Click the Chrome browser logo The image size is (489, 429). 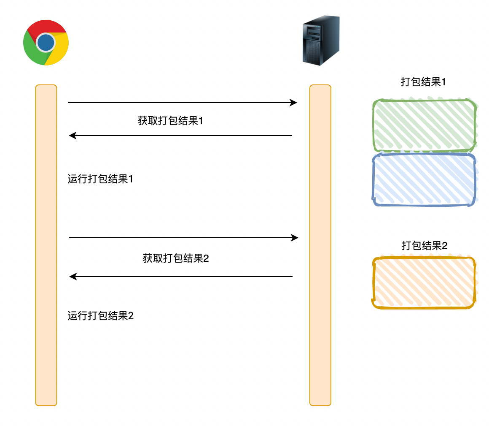[x=46, y=42]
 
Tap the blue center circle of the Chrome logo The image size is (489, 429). [x=46, y=42]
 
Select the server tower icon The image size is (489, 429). [x=321, y=41]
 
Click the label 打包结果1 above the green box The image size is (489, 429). [x=423, y=82]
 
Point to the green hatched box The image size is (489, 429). [x=425, y=125]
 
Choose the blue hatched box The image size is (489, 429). [x=425, y=179]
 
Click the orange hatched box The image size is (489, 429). [x=425, y=282]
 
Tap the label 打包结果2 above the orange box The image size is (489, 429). [x=425, y=246]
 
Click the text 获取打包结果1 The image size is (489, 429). [x=171, y=121]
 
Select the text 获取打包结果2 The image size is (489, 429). [x=176, y=258]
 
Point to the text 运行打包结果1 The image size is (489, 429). [x=100, y=179]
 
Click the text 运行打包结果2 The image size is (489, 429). [x=100, y=315]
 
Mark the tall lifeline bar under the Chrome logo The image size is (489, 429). [x=46, y=245]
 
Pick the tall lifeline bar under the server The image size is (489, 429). [x=320, y=245]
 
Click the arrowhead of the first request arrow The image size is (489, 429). [x=294, y=103]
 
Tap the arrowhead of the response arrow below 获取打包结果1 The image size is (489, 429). [x=72, y=136]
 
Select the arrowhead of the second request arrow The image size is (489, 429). [x=295, y=238]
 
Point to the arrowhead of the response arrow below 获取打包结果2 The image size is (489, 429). [x=73, y=277]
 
